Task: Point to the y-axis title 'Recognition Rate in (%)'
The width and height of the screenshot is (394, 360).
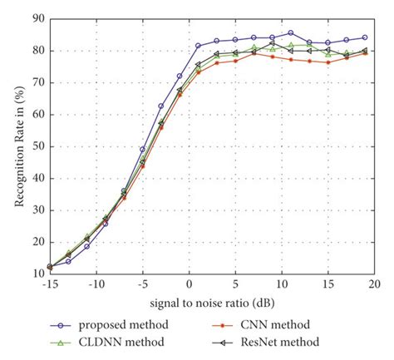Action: pyautogui.click(x=13, y=146)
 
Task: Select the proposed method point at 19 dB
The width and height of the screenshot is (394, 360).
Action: pyautogui.click(x=364, y=37)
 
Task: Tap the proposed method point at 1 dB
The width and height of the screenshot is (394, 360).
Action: pyautogui.click(x=198, y=46)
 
